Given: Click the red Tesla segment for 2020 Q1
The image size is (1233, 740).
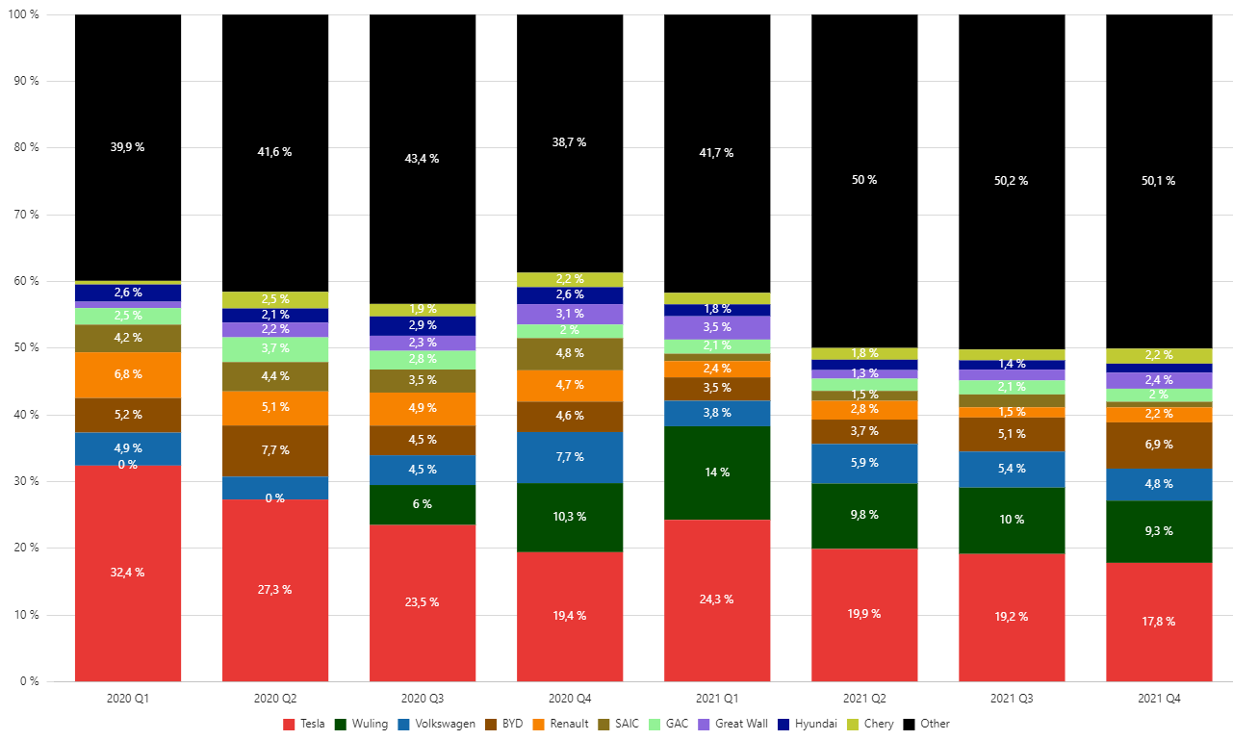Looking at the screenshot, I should (127, 573).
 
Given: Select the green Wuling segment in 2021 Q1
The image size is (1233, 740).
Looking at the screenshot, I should (717, 472).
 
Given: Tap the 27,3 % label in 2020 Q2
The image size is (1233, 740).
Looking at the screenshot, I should (275, 590).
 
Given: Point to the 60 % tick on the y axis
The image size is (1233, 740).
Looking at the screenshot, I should (25, 281).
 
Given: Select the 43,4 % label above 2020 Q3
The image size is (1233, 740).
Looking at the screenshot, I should (422, 159).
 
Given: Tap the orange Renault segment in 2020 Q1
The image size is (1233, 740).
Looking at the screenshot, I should (127, 374).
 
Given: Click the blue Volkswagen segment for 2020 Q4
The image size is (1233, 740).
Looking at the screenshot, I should (570, 457).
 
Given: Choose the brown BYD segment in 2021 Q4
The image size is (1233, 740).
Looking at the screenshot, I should (1160, 446).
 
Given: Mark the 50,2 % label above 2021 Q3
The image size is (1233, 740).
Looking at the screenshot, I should (1011, 181).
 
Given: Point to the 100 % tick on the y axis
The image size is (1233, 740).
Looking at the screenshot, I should (23, 14).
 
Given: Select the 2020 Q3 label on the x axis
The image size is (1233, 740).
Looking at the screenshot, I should (423, 697).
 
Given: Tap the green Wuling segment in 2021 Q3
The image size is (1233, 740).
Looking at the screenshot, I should (1012, 520).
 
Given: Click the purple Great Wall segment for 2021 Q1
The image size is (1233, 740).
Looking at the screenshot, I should (717, 327).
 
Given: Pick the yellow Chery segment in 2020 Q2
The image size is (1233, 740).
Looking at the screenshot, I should (275, 299).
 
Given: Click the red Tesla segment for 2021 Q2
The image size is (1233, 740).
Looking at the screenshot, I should (864, 614).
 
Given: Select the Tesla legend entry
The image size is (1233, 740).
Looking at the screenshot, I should (304, 724).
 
